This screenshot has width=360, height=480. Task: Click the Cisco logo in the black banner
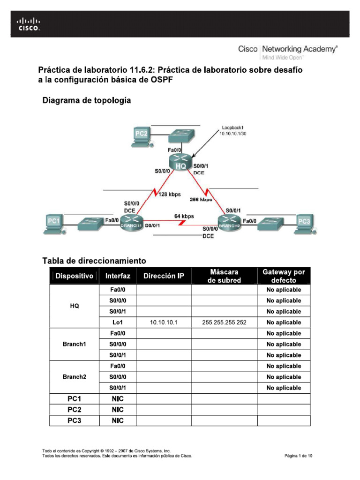click(29, 24)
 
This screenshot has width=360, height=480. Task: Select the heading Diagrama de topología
click(87, 100)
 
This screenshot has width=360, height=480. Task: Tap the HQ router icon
click(180, 162)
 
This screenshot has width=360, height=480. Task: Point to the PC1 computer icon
click(53, 224)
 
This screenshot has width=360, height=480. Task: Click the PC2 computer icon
click(141, 135)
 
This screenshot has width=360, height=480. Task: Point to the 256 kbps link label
click(201, 199)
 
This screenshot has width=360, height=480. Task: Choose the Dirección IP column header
click(164, 276)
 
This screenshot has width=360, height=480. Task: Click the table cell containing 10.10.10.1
click(164, 322)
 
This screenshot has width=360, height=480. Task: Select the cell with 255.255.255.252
click(224, 322)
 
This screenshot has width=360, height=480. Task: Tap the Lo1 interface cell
click(117, 322)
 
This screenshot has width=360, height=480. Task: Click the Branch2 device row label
click(75, 376)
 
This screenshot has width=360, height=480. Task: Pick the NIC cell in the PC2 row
click(117, 410)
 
